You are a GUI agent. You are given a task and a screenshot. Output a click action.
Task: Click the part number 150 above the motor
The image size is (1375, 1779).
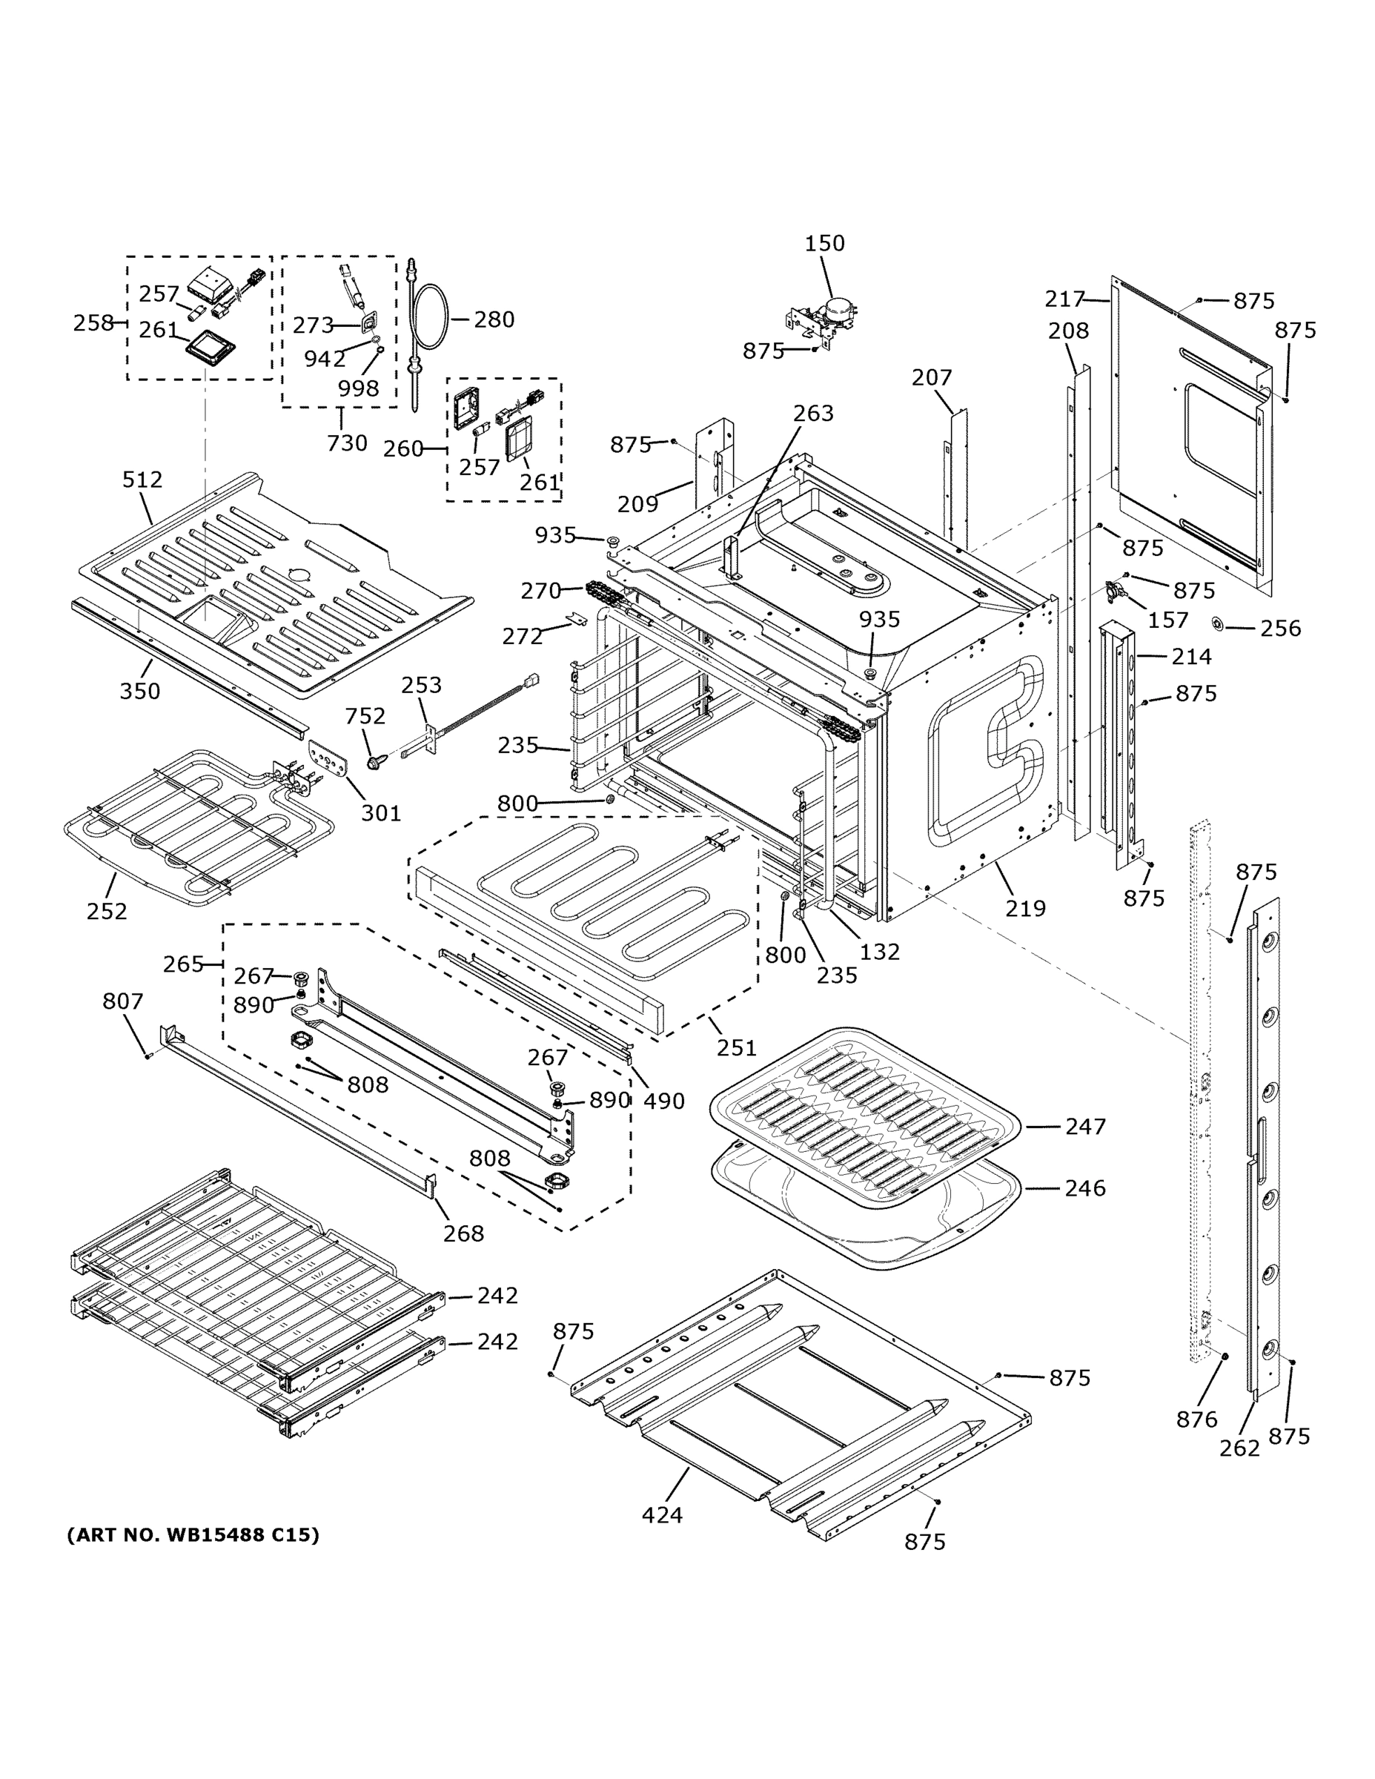click(x=824, y=244)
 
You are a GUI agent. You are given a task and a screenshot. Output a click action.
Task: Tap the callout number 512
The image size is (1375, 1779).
click(x=142, y=480)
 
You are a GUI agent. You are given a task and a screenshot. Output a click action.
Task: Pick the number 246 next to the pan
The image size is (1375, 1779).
click(x=1085, y=1188)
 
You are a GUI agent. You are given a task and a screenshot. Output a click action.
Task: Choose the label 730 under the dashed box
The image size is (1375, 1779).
click(x=347, y=443)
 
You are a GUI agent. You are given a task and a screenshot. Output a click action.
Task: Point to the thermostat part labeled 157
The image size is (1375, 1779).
click(x=1116, y=592)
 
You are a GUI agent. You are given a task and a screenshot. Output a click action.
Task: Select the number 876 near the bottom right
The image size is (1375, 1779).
click(x=1196, y=1419)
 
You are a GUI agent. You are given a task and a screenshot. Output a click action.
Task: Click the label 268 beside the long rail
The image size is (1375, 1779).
click(x=463, y=1233)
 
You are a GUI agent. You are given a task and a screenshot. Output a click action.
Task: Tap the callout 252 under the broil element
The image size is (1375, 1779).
click(x=107, y=911)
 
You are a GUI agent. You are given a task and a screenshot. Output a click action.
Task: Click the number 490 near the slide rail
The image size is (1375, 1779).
click(x=664, y=1101)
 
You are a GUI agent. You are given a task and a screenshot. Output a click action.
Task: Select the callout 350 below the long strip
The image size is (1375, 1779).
click(x=140, y=691)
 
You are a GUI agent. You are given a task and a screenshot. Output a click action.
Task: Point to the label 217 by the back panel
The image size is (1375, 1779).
click(x=1064, y=299)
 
